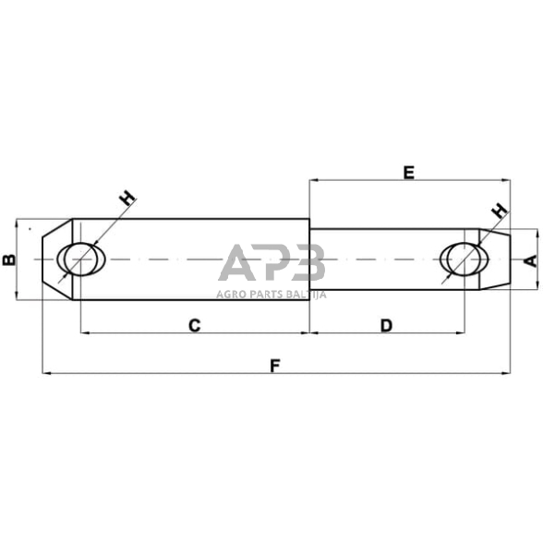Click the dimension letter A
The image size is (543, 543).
click(x=529, y=260)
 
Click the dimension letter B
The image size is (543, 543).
click(x=8, y=260)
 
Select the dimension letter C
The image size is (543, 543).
click(x=194, y=325)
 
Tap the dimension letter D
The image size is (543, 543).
click(x=386, y=325)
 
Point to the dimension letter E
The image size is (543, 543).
click(x=408, y=171)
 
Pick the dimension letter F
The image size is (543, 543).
click(x=274, y=366)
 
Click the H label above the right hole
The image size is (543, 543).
click(x=499, y=211)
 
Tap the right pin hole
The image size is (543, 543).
click(x=463, y=259)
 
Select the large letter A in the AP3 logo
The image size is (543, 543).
click(x=237, y=263)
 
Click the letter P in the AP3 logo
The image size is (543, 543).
click(x=272, y=263)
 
